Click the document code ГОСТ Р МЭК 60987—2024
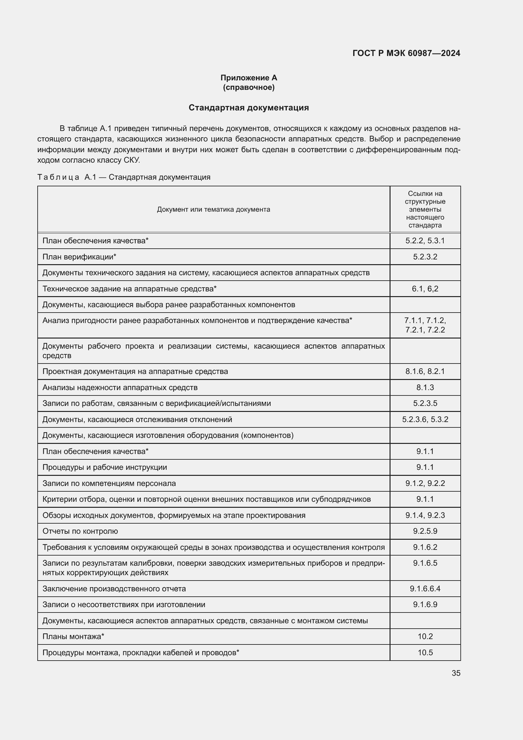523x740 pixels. (406, 53)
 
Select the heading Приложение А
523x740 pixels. (249, 78)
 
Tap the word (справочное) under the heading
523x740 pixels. (249, 87)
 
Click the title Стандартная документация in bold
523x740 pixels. (249, 108)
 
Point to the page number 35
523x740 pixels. (456, 673)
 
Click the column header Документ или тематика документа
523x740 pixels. (213, 209)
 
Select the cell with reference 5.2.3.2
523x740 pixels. (425, 257)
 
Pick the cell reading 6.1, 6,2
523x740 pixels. (425, 289)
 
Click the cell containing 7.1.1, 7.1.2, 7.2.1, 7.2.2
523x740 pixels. (425, 325)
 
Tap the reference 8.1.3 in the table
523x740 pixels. (425, 388)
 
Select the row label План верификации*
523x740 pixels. (79, 257)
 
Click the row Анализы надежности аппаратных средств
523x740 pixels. (120, 388)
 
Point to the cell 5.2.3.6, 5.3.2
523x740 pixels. (425, 419)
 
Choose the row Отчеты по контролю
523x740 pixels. (80, 531)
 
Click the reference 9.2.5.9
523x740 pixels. (425, 531)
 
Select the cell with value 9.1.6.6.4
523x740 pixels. (425, 589)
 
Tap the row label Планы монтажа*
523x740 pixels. (73, 637)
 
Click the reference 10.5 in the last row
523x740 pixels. (425, 653)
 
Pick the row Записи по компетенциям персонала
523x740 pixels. (109, 483)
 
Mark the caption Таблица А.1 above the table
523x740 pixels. (124, 177)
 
